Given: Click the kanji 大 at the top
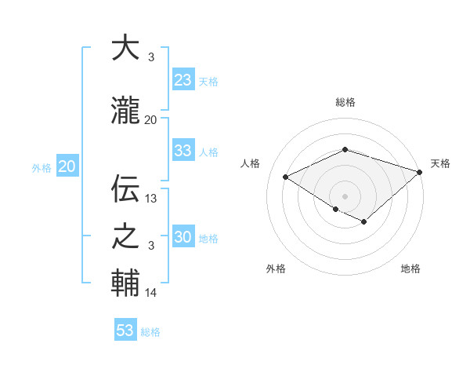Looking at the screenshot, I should pyautogui.click(x=125, y=49).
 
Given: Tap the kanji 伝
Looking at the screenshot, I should pyautogui.click(x=125, y=189).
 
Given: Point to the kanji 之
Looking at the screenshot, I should pyautogui.click(x=125, y=236).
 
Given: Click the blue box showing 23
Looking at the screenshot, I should pyautogui.click(x=183, y=80).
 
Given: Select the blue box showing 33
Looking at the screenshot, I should pyautogui.click(x=183, y=151).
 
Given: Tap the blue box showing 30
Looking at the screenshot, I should pyautogui.click(x=183, y=238).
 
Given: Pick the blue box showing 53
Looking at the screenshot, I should pyautogui.click(x=125, y=331).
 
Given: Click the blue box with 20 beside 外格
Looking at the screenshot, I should pyautogui.click(x=67, y=166).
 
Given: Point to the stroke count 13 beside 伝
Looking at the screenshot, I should pyautogui.click(x=151, y=199).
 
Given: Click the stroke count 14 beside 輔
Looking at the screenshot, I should pyautogui.click(x=151, y=293).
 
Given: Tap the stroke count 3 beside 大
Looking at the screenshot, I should pyautogui.click(x=150, y=57).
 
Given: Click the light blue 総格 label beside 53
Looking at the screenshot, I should pyautogui.click(x=150, y=332).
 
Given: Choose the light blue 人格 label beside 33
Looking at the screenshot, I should pyautogui.click(x=208, y=152).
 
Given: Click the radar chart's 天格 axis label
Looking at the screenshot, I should pyautogui.click(x=440, y=163).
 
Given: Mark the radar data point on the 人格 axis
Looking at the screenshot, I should pyautogui.click(x=286, y=177).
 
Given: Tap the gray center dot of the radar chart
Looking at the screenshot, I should pyautogui.click(x=345, y=195).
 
